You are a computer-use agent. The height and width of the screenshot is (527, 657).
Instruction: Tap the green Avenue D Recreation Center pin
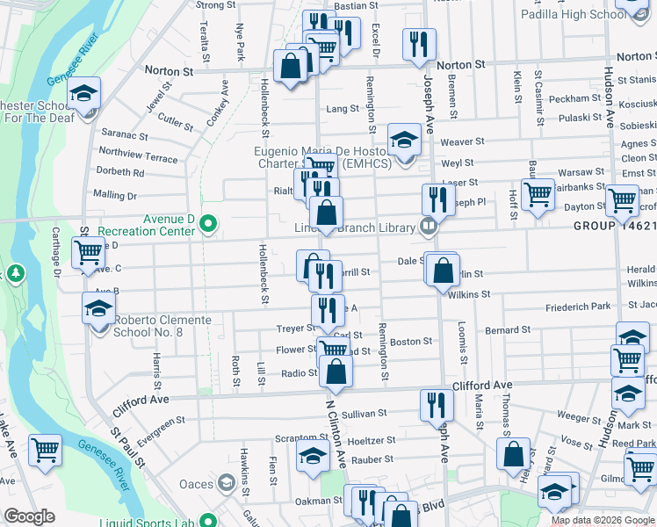coord(208,224)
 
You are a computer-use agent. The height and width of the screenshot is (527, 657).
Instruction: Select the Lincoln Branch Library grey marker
coord(429,227)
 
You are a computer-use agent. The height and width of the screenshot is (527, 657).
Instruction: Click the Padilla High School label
coord(585,14)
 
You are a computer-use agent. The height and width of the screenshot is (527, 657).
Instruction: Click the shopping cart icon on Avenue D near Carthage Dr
coord(89,252)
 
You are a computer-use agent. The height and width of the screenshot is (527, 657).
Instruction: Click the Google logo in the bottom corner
coord(29,516)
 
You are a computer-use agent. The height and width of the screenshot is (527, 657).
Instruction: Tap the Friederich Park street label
coord(577,307)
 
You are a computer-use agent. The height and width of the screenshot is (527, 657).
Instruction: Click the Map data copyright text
coord(603,520)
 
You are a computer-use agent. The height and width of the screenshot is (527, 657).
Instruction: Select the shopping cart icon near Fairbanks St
coord(537,193)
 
